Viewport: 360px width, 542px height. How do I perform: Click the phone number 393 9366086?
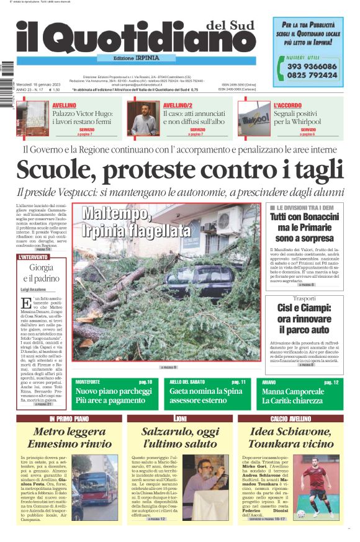(x=312, y=66)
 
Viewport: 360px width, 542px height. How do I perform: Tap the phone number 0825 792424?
(x=312, y=75)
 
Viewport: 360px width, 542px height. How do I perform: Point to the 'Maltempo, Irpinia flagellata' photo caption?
(x=137, y=222)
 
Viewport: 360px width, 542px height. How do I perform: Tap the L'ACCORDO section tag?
(x=287, y=105)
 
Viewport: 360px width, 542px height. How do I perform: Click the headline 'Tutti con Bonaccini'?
(x=305, y=217)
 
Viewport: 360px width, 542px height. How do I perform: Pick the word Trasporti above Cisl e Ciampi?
(x=305, y=299)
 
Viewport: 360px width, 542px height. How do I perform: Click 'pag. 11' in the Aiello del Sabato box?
(x=238, y=383)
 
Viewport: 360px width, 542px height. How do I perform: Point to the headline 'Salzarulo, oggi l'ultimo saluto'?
(x=180, y=437)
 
